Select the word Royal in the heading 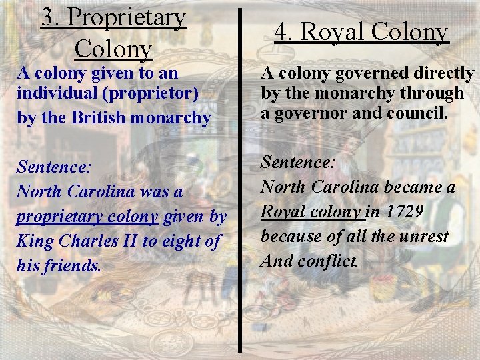[x=333, y=31]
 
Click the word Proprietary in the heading [x=127, y=18]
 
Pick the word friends [x=73, y=266]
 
